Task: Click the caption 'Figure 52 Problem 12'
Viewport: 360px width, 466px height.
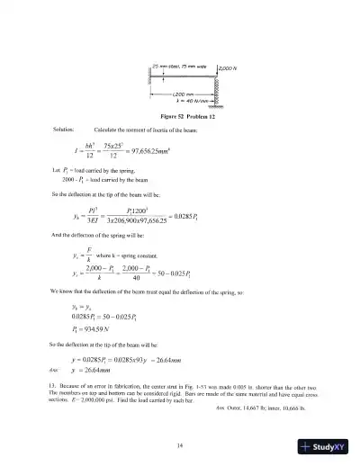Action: click(184, 117)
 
